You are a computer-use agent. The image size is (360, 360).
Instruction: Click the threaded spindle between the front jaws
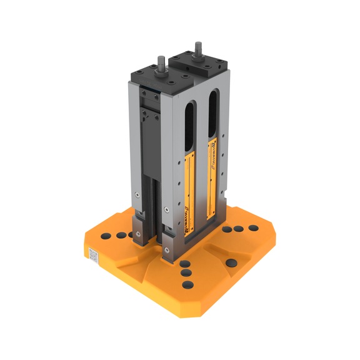158,206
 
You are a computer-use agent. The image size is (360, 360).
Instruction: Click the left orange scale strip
192,187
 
